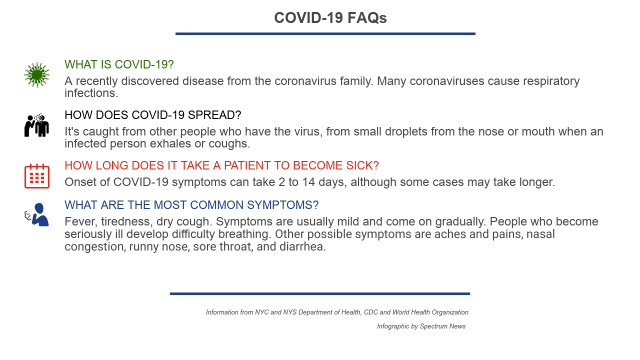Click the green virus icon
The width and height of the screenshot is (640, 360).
pyautogui.click(x=37, y=75)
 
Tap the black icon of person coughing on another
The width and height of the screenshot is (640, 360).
pyautogui.click(x=37, y=125)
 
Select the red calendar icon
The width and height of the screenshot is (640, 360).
pyautogui.click(x=37, y=176)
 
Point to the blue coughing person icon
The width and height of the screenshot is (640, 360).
pyautogui.click(x=36, y=214)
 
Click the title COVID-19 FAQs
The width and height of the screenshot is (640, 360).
pyautogui.click(x=330, y=17)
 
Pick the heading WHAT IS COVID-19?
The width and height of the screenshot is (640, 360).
pyautogui.click(x=119, y=64)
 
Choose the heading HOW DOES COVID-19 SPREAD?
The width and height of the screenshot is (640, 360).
pyautogui.click(x=153, y=115)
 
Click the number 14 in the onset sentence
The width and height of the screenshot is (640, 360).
pyautogui.click(x=308, y=182)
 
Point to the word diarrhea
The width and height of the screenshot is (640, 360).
pyautogui.click(x=302, y=246)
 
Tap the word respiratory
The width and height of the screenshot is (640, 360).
pyautogui.click(x=551, y=81)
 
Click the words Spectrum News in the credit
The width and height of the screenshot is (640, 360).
pyautogui.click(x=442, y=326)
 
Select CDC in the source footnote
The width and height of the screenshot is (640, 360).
pyautogui.click(x=371, y=312)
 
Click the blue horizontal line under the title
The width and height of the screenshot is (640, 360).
pyautogui.click(x=325, y=33)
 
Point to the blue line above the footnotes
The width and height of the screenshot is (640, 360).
pyautogui.click(x=320, y=293)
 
